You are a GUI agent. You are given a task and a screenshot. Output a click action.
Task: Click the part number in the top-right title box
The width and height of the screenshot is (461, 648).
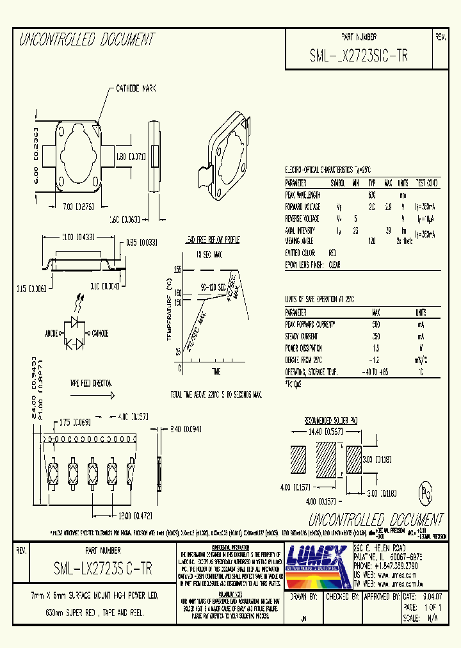pos(358,56)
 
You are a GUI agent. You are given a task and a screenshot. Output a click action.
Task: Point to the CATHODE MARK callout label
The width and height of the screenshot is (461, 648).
pos(136,88)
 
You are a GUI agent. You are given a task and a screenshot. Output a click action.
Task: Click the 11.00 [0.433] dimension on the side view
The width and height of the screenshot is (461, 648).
pos(78,236)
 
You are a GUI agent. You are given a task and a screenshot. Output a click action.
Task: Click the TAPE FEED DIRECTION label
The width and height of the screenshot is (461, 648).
pos(90,384)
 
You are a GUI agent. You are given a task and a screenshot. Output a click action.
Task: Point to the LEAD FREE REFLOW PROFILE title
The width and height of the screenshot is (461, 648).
pos(212,239)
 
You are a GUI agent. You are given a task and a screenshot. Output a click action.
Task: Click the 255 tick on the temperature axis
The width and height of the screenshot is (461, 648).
pos(177,270)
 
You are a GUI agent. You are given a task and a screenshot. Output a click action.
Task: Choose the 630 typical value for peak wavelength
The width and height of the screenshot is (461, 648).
pos(371,195)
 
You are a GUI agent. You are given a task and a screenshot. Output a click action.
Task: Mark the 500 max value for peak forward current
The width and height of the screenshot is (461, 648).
pos(376,324)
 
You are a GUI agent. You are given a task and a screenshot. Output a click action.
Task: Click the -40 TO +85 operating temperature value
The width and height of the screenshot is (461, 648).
pos(376,371)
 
